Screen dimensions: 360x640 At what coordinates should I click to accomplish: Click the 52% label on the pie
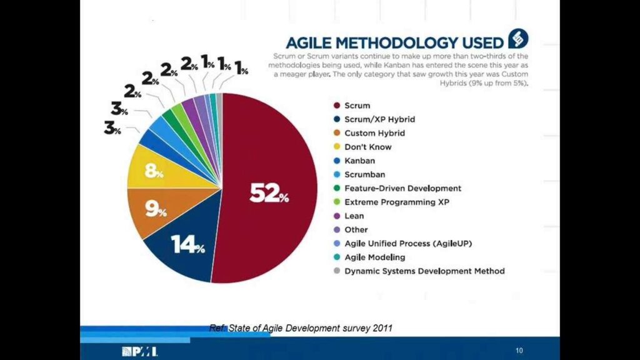269,194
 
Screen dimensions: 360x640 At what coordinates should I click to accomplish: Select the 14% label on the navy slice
188,246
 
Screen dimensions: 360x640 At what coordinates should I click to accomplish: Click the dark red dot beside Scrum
337,106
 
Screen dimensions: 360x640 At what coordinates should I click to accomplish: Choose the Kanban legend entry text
359,161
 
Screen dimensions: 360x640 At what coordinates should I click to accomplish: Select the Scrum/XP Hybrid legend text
379,119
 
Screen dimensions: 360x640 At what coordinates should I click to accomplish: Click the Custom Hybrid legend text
374,133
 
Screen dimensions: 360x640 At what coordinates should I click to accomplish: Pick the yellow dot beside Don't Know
337,147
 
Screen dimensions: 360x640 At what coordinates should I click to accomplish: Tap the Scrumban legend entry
364,174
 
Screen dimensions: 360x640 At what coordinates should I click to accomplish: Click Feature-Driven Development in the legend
402,188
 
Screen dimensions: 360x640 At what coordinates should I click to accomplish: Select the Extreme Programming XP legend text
397,202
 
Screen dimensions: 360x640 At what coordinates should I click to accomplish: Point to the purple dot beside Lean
337,216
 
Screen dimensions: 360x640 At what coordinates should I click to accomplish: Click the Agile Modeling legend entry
375,257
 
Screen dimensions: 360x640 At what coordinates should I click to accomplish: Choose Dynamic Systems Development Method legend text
424,271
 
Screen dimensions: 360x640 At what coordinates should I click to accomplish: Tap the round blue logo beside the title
518,39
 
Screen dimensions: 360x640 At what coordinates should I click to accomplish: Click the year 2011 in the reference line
382,327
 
